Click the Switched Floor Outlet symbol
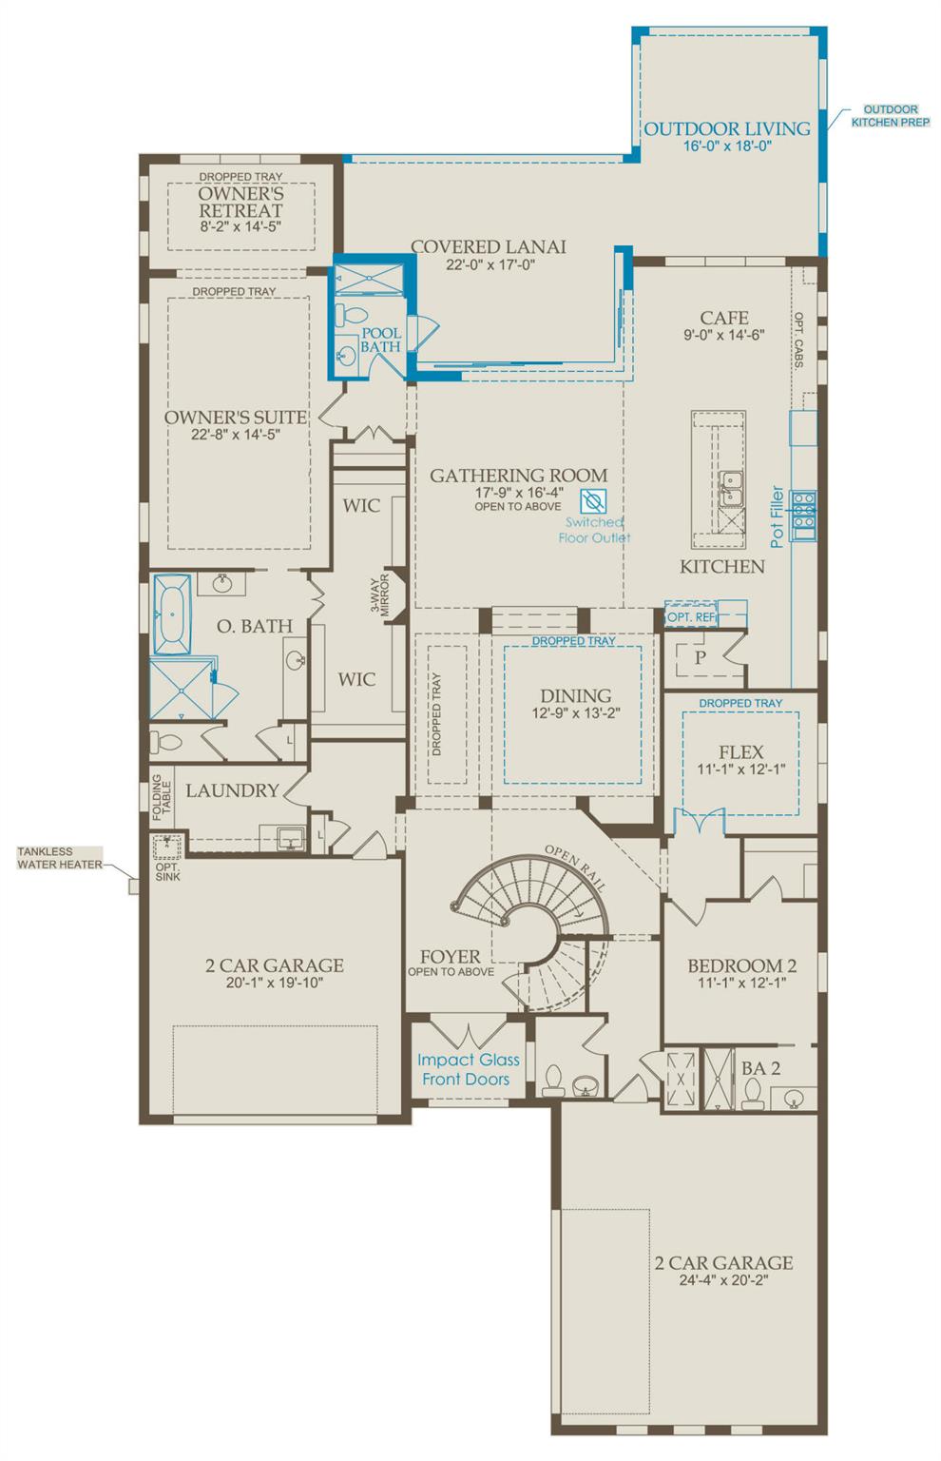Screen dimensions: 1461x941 pyautogui.click(x=593, y=501)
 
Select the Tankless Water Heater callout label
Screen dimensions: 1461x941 pyautogui.click(x=59, y=858)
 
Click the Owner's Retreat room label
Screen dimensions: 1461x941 pyautogui.click(x=240, y=202)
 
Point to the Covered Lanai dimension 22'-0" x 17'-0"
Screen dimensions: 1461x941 pyautogui.click(x=489, y=266)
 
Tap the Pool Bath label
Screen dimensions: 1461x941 pyautogui.click(x=380, y=341)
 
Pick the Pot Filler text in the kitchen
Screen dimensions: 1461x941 pyautogui.click(x=777, y=517)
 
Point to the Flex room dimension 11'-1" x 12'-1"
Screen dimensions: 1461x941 pyautogui.click(x=741, y=769)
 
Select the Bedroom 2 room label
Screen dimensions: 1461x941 pyautogui.click(x=741, y=966)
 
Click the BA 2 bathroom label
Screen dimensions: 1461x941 pyautogui.click(x=760, y=1068)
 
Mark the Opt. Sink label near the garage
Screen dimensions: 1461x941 pyautogui.click(x=167, y=871)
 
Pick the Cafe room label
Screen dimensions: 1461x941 pyautogui.click(x=724, y=318)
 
